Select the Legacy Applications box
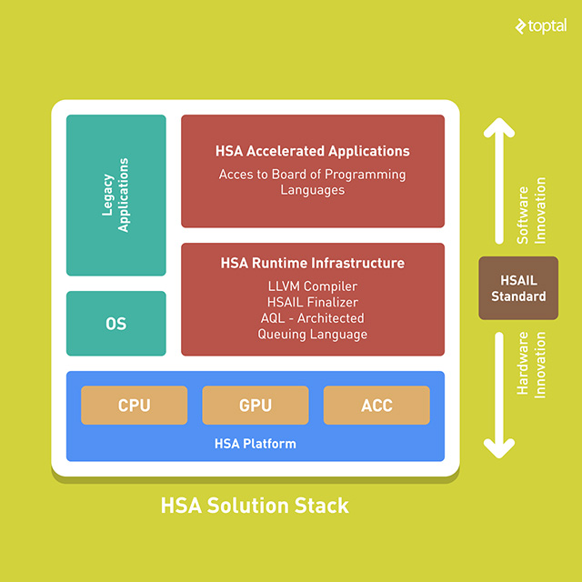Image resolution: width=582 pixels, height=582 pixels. coord(116,195)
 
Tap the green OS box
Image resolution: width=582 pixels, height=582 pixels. coord(116,324)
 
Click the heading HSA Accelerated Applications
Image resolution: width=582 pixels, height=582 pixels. coord(313,151)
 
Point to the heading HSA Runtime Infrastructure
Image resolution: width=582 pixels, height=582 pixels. coord(313,263)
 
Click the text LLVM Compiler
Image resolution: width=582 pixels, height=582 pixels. coord(313,286)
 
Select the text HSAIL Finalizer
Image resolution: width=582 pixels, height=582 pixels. coord(313,302)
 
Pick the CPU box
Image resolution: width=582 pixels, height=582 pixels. coord(135,406)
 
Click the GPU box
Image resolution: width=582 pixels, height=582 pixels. coord(256,406)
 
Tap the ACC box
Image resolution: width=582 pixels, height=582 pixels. coord(376,406)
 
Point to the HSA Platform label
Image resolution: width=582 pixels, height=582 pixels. coord(256,444)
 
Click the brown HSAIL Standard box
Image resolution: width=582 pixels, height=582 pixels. coord(518,288)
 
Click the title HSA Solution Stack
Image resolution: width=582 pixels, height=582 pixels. coord(255,505)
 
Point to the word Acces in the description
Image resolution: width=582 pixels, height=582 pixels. coord(236,174)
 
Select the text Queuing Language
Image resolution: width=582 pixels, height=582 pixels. coord(313,334)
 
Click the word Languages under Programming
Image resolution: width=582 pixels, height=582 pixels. coord(313,190)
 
